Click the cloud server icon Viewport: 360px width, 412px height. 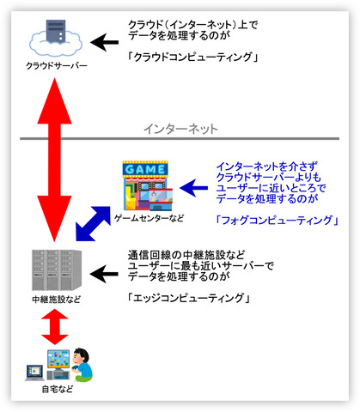click(x=56, y=38)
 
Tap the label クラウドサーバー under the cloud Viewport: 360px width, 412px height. click(x=57, y=66)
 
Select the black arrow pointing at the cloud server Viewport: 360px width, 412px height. click(x=104, y=42)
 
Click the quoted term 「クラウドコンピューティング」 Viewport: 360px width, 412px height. click(x=192, y=57)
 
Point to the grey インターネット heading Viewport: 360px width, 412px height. click(x=180, y=129)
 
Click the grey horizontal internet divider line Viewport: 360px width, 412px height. click(x=180, y=139)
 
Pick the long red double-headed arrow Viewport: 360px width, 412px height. click(x=54, y=160)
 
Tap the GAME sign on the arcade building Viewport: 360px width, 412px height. click(x=145, y=169)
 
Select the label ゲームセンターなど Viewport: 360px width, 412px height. click(x=149, y=218)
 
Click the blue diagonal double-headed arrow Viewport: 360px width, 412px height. click(x=93, y=223)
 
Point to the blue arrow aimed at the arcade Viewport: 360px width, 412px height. click(x=193, y=188)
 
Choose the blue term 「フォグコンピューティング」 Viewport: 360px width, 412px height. click(x=277, y=221)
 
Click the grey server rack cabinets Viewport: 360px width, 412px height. click(x=57, y=270)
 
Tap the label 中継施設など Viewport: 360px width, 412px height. click(x=57, y=300)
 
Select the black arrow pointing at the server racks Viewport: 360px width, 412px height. click(x=104, y=274)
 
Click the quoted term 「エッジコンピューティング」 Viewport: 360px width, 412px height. click(x=189, y=298)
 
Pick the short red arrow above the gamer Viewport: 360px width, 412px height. click(x=55, y=327)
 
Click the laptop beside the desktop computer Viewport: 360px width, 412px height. click(x=35, y=373)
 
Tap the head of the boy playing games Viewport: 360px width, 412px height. click(x=80, y=356)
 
